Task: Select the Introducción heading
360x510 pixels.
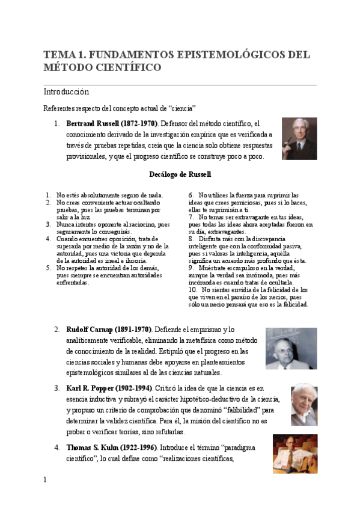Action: (x=66, y=92)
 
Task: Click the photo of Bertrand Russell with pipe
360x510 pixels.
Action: (x=299, y=138)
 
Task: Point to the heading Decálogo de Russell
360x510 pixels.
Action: (x=180, y=174)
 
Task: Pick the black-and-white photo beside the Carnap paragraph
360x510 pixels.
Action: (x=291, y=348)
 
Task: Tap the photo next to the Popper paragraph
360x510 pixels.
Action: (x=304, y=405)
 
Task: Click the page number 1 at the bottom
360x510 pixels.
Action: (x=45, y=479)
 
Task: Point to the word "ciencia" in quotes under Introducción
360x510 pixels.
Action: (x=182, y=109)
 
